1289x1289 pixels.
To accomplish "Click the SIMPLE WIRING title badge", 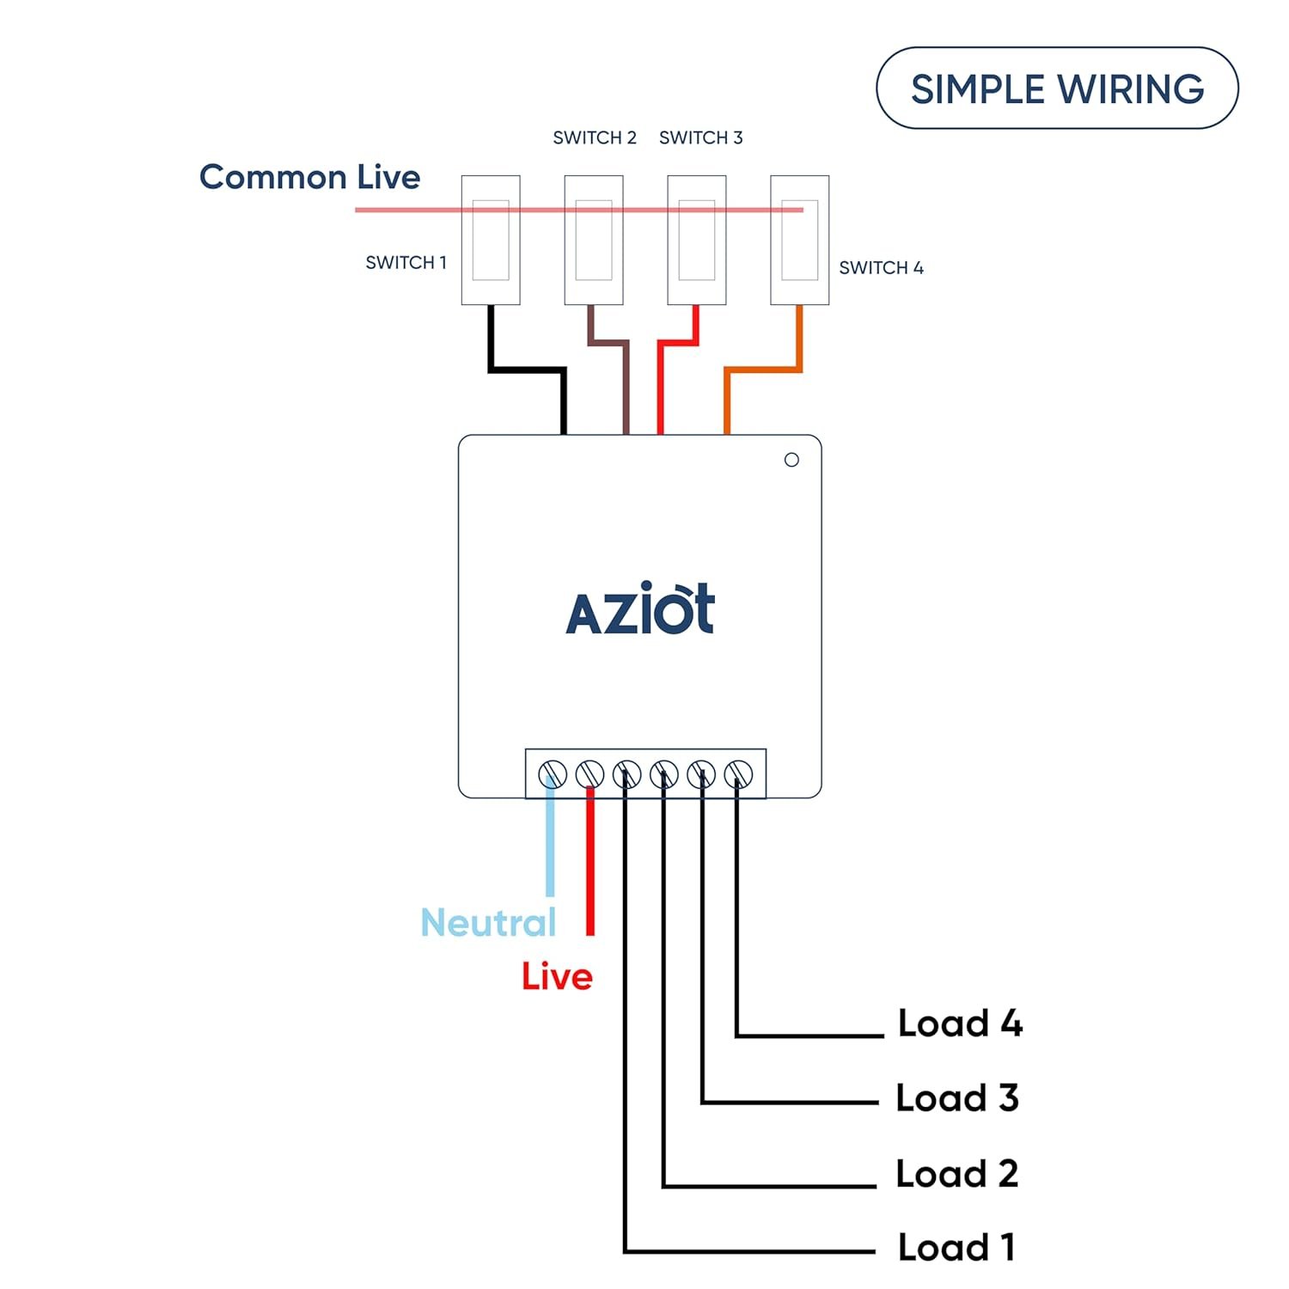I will (1057, 89).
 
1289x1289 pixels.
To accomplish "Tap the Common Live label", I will (309, 177).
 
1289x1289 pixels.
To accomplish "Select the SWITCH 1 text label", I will (406, 263).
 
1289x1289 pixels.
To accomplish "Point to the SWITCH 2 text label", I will (594, 137).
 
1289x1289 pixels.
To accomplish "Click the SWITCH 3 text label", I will (700, 137).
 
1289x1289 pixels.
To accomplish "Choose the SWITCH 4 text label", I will (881, 268).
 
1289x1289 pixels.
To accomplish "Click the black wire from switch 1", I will (526, 370).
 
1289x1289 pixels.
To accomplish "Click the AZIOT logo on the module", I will (640, 609).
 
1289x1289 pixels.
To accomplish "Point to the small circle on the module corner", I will (791, 460).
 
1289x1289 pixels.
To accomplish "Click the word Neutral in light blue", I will (488, 923).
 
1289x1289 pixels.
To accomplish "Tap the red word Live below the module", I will (557, 977).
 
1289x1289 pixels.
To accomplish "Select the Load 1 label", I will (956, 1248).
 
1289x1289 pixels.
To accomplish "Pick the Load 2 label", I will (956, 1174).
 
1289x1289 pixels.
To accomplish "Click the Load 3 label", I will (956, 1098).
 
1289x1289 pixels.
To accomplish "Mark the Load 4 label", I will (960, 1023).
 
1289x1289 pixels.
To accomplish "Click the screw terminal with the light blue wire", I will (552, 774).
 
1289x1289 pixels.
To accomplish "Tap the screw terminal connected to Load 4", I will (738, 774).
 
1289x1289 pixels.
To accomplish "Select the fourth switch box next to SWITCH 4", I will (799, 240).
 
